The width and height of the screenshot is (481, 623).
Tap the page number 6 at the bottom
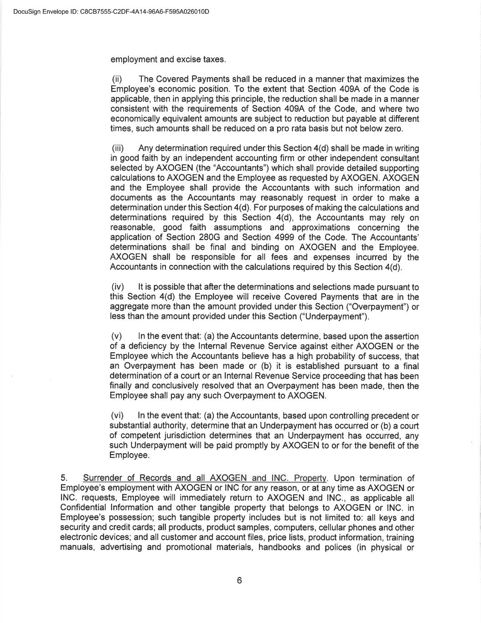239,580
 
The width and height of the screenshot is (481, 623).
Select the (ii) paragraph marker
117,79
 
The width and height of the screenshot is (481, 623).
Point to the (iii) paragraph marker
118,148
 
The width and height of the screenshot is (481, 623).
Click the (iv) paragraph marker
118,287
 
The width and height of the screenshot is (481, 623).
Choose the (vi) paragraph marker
118,416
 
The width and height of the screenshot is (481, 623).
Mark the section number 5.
64,478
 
